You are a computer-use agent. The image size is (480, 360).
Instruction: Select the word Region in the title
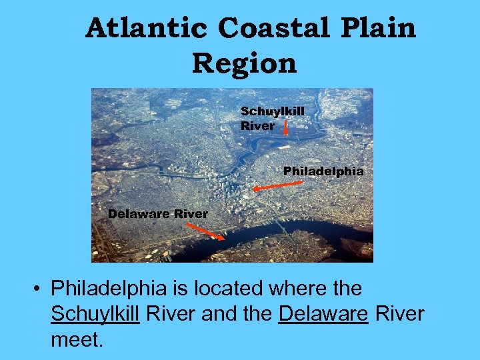(244, 64)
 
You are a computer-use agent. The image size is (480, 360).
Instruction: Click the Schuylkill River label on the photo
(272, 118)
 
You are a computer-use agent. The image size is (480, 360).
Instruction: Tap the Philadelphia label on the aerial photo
(323, 171)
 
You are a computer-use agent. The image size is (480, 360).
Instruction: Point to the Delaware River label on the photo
(158, 214)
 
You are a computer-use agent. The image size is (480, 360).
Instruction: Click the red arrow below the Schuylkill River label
(285, 127)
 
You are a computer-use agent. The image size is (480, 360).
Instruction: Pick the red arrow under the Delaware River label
(205, 231)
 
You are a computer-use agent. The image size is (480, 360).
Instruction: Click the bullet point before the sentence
(39, 289)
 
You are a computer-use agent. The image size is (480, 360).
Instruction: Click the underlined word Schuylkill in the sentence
(95, 314)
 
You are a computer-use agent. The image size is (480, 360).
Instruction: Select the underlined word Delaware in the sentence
(323, 314)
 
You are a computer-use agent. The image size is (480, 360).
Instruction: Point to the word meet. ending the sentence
(77, 339)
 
